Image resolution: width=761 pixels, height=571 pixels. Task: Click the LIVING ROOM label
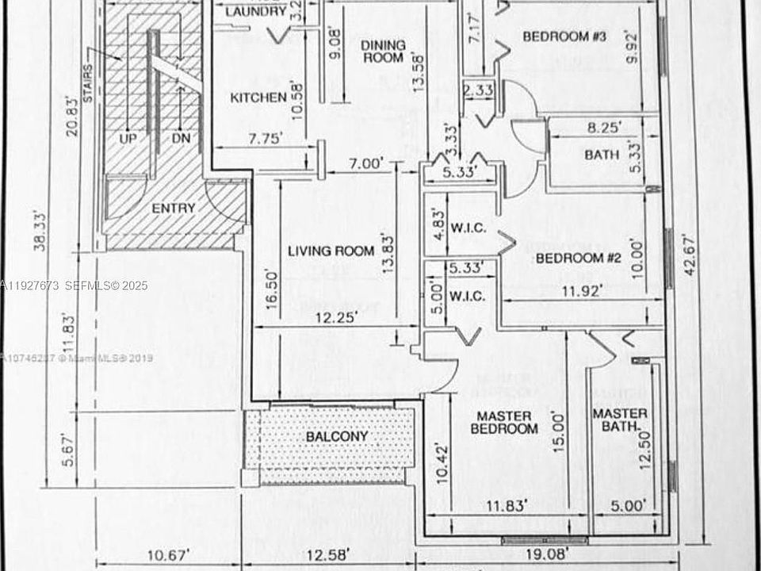pyautogui.click(x=331, y=251)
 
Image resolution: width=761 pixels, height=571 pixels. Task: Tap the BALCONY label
pyautogui.click(x=337, y=436)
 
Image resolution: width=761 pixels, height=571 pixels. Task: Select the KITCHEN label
pyautogui.click(x=258, y=98)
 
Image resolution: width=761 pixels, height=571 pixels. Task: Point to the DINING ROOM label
pyautogui.click(x=383, y=52)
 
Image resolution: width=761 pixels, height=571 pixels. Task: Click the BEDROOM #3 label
pyautogui.click(x=564, y=36)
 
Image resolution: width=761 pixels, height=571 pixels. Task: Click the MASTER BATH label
pyautogui.click(x=620, y=421)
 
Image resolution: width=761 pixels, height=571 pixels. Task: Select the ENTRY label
pyautogui.click(x=173, y=208)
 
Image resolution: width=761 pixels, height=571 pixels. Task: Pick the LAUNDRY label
pyautogui.click(x=255, y=12)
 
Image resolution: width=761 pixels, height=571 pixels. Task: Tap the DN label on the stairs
pyautogui.click(x=181, y=138)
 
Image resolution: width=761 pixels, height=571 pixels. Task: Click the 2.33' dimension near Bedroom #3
pyautogui.click(x=479, y=91)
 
